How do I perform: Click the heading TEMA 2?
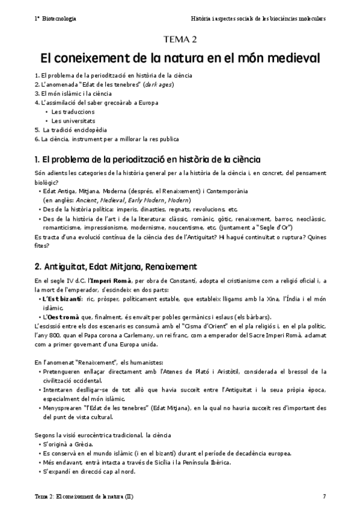180,40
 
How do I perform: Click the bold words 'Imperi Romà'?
109,281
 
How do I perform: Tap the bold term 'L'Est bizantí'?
62,298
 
